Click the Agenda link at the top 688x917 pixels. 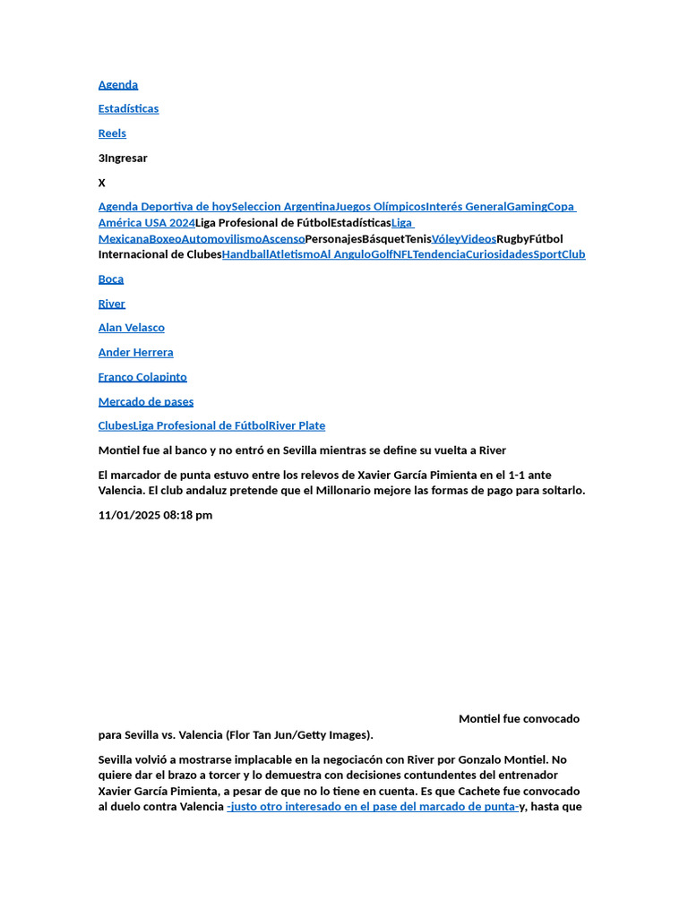[118, 85]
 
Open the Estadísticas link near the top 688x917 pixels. [128, 109]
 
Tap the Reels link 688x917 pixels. [112, 133]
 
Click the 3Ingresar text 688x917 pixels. [123, 159]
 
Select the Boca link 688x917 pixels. [111, 279]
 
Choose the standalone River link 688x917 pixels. [112, 304]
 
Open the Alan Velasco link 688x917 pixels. [132, 328]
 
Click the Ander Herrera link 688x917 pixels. [136, 353]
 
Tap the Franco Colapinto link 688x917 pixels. [142, 377]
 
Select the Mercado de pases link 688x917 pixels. [146, 402]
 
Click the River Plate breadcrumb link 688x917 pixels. [297, 426]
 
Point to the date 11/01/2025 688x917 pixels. [129, 516]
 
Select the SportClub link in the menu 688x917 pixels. [560, 254]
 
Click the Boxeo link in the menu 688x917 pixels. [165, 239]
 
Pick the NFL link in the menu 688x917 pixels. [402, 254]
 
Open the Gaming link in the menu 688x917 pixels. [527, 207]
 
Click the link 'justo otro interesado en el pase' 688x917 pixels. [373, 807]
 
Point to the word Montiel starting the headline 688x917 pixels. [118, 450]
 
